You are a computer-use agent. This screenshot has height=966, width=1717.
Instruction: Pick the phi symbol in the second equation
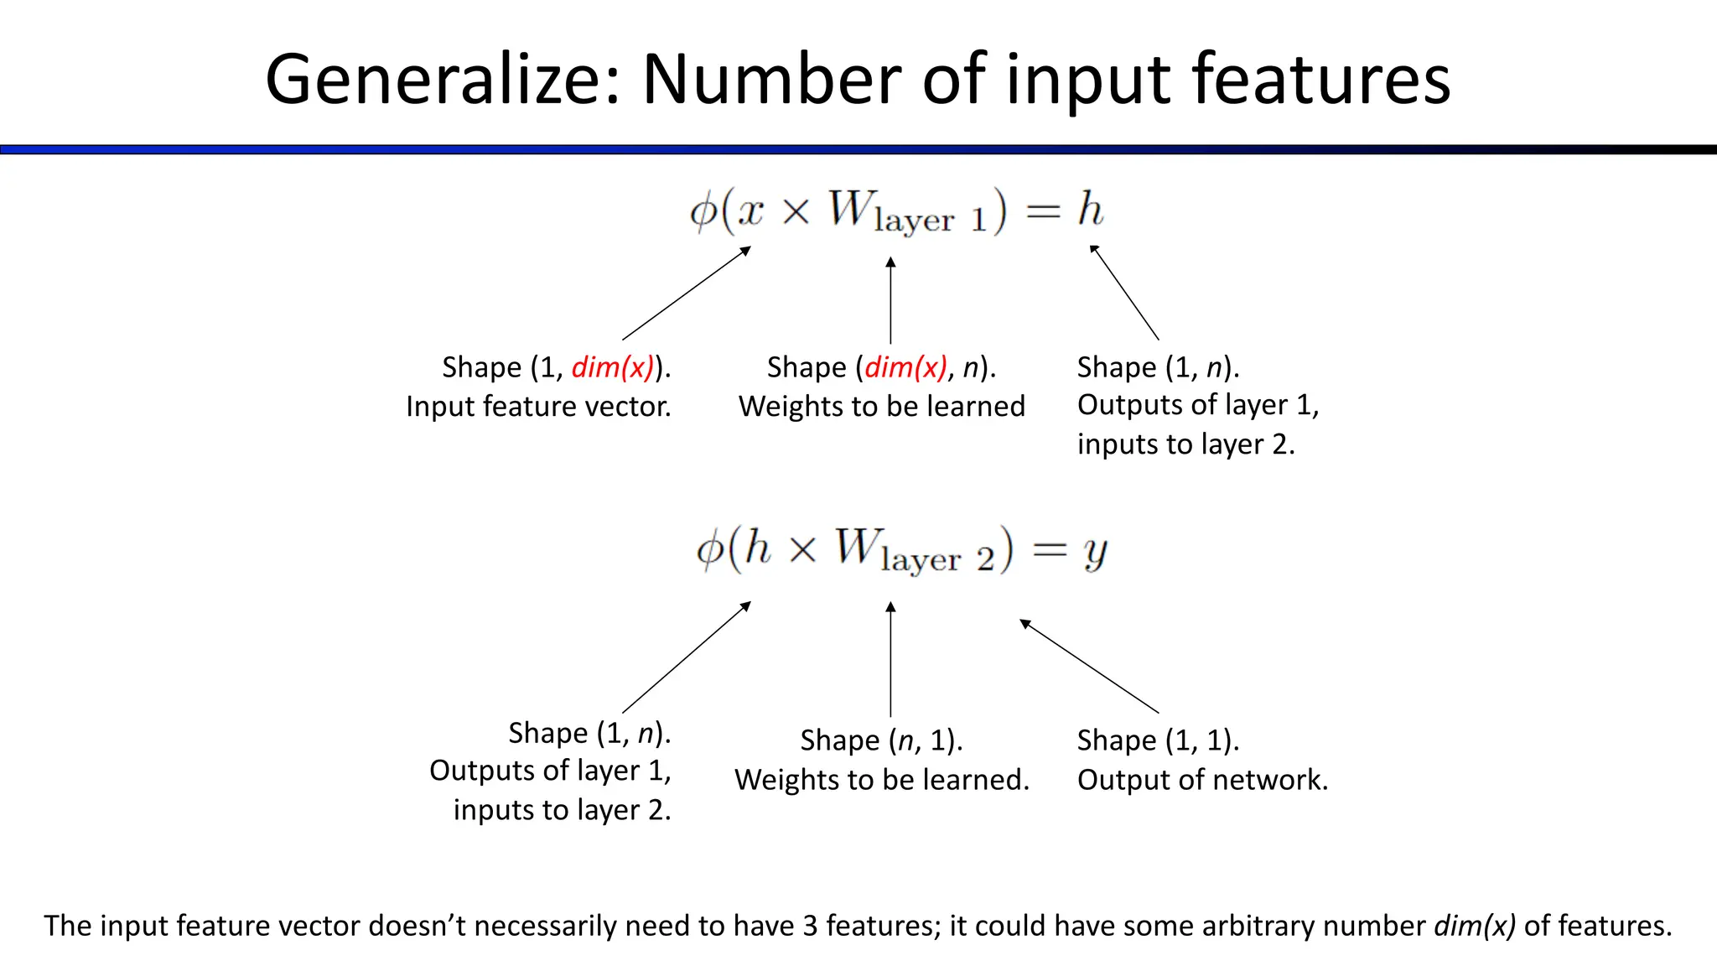tap(710, 551)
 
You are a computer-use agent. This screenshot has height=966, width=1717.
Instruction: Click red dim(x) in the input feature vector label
tap(612, 367)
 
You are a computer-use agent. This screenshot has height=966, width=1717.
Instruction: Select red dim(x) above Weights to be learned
tap(905, 367)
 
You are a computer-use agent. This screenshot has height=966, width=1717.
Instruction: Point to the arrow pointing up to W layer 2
tap(890, 659)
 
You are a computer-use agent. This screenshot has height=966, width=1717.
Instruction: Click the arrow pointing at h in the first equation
tap(1124, 292)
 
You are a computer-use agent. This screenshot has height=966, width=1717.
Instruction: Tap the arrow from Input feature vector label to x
tap(686, 293)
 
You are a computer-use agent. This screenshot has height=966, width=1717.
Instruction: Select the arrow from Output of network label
tap(1089, 666)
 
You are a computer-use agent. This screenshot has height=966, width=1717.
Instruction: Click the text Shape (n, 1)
tap(881, 740)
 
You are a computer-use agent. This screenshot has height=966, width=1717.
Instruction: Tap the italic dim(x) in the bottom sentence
tap(1475, 926)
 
